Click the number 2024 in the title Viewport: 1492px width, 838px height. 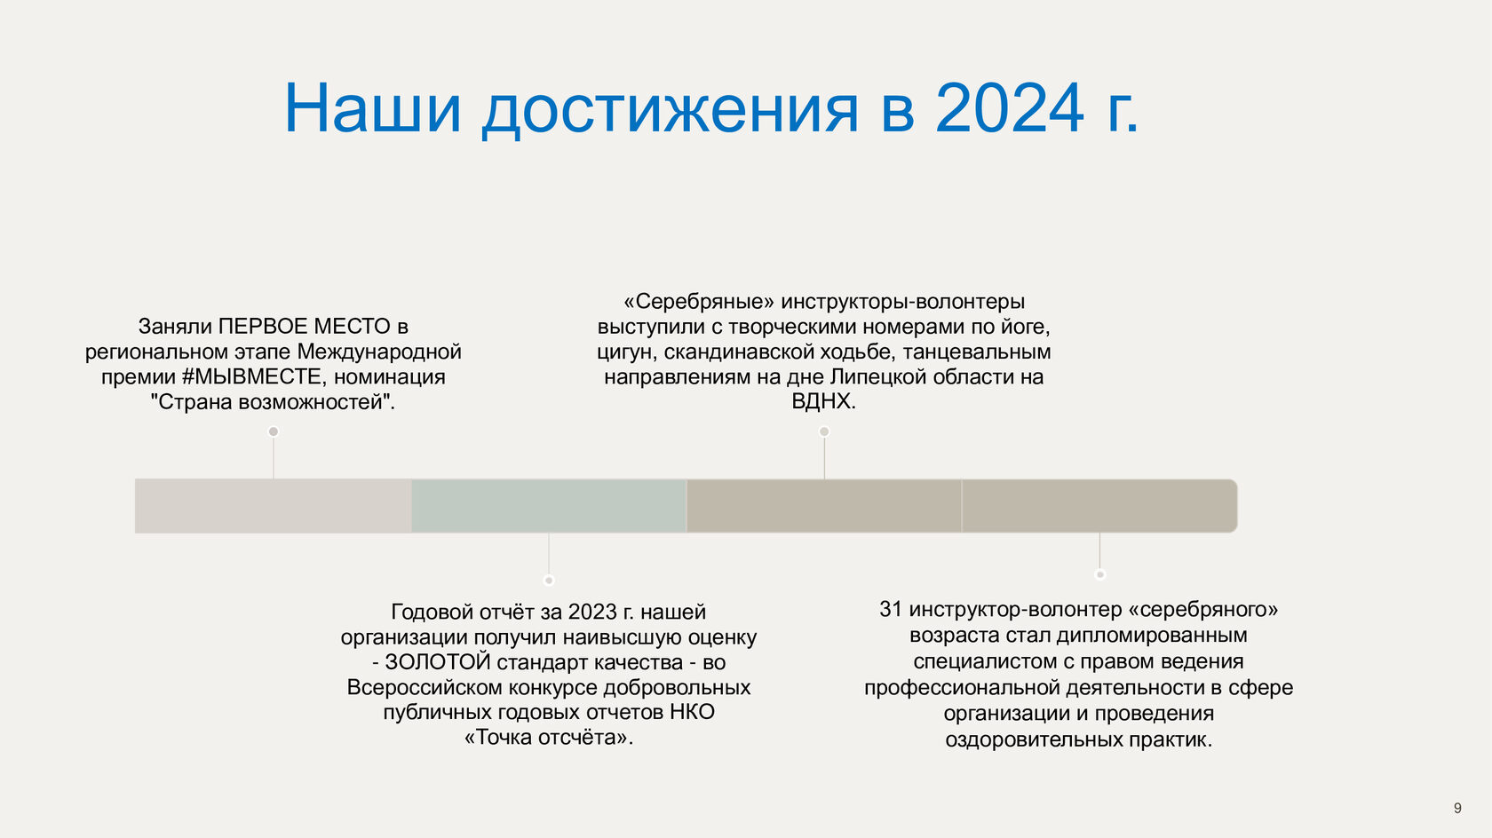(x=1010, y=107)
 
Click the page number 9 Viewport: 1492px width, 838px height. (x=1457, y=808)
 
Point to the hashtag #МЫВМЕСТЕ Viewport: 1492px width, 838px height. (x=254, y=376)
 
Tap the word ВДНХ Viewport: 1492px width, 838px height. (x=823, y=401)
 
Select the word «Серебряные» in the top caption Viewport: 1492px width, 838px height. (x=699, y=302)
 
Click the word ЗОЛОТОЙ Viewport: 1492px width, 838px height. (x=438, y=661)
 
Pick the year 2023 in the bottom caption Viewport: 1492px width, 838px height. (x=593, y=612)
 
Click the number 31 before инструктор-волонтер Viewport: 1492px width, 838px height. (x=891, y=609)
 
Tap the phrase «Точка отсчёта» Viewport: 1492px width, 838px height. (x=548, y=738)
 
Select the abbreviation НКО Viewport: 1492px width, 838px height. (x=692, y=712)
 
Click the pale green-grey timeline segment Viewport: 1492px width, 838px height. (x=549, y=506)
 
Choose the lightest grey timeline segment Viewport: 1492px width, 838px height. (x=274, y=506)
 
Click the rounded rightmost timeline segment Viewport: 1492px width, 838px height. (x=1099, y=506)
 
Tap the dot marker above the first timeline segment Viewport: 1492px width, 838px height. (x=274, y=431)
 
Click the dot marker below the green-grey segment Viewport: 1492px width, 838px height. (x=549, y=581)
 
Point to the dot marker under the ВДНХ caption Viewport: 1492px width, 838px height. (x=824, y=431)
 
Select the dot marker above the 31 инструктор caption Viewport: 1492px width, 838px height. (x=1099, y=574)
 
